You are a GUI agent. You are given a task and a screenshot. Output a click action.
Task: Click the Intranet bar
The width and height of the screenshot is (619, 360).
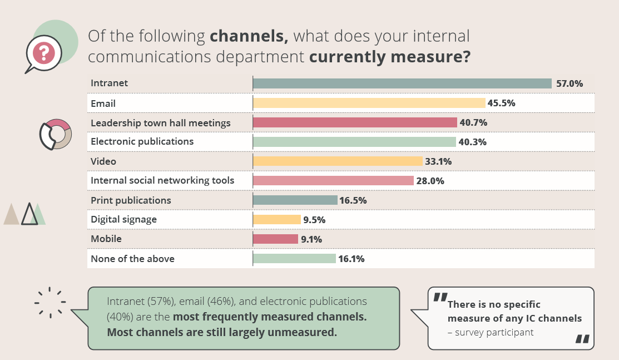[402, 83]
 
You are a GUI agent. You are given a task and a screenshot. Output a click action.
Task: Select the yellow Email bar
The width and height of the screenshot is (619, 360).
[369, 103]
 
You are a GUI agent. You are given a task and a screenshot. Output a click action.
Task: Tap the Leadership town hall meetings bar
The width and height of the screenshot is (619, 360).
[355, 122]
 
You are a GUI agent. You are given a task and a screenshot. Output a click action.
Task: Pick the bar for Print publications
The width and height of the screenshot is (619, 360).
[295, 200]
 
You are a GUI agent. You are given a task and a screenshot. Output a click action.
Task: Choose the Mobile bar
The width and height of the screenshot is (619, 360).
[276, 239]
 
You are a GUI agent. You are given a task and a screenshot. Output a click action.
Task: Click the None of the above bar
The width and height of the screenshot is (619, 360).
[295, 259]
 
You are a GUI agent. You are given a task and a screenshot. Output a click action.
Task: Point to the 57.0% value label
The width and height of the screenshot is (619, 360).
[570, 83]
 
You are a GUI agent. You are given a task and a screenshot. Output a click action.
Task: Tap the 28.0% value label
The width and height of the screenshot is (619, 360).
[430, 181]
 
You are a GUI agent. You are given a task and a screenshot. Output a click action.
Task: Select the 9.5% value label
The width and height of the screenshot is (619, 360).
[315, 220]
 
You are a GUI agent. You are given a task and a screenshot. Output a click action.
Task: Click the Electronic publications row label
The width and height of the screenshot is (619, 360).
[142, 141]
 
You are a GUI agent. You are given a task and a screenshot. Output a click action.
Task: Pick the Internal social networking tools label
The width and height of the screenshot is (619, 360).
[162, 180]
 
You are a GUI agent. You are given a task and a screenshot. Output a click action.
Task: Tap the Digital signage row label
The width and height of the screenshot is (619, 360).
[124, 219]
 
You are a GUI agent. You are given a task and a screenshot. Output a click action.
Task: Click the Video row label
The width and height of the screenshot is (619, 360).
[103, 161]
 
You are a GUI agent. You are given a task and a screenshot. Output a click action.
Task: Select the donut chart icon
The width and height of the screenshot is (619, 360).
[55, 134]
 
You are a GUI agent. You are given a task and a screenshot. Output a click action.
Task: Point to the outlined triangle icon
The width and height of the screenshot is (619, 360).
[29, 214]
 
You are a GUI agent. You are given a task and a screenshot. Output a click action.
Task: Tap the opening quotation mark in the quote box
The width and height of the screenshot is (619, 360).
[440, 299]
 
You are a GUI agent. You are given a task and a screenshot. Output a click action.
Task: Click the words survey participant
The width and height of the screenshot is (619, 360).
[496, 332]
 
